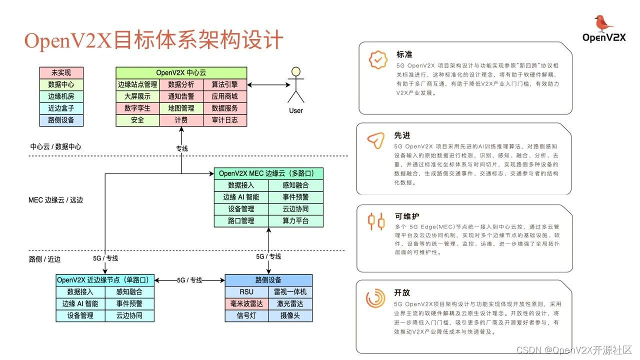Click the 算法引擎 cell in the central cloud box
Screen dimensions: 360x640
224,84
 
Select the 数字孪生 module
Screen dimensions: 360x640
137,108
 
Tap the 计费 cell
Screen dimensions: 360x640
181,120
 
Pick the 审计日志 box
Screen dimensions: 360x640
224,120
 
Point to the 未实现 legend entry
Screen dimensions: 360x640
61,72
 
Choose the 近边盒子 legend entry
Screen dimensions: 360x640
61,108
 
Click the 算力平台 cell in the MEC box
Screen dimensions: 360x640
295,221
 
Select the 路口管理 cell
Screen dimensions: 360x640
241,221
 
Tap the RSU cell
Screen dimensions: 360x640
246,292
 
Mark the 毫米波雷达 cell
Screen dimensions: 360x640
246,303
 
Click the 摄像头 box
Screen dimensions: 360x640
290,315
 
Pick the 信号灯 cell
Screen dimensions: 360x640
246,315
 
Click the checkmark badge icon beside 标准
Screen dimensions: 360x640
377,59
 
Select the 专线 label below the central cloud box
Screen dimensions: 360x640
181,148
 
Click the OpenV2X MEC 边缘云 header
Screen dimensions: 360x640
268,173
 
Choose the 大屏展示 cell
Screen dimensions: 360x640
137,96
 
